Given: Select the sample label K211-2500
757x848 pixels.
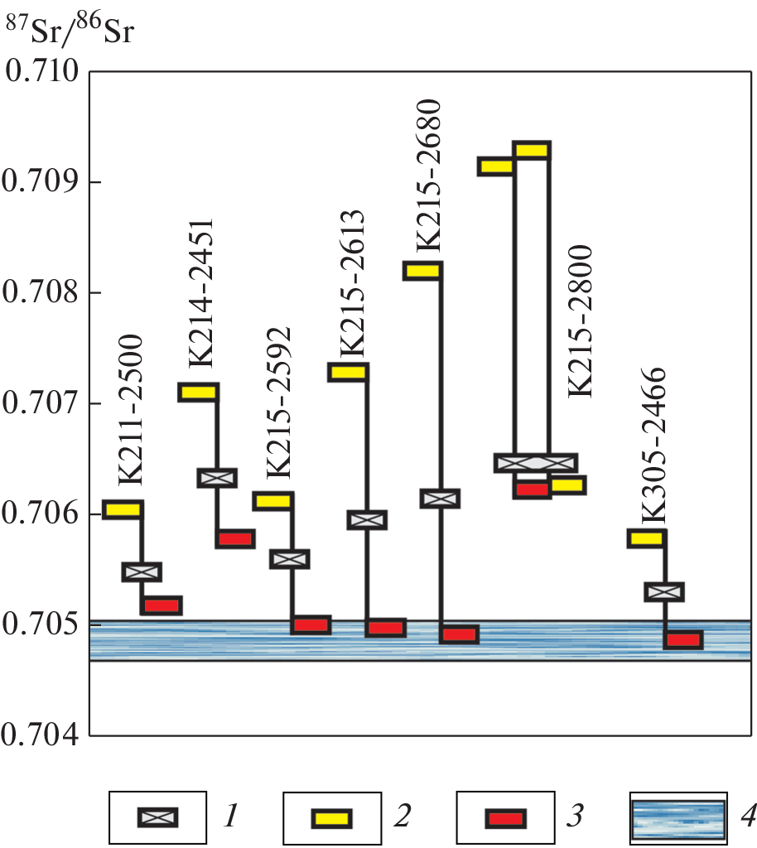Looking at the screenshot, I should tap(131, 410).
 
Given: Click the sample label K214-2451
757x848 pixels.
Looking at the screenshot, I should tap(201, 293).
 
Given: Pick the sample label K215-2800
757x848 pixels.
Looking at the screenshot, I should tap(580, 321).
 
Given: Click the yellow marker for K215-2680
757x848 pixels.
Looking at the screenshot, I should tap(422, 271).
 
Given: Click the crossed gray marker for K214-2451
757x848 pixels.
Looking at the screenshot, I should tap(217, 478).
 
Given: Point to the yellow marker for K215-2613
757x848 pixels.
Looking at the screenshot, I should tap(348, 372).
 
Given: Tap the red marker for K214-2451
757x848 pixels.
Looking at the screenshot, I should tap(235, 538).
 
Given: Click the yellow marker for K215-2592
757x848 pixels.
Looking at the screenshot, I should tap(272, 501).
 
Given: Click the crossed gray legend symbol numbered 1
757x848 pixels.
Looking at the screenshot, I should tap(158, 818).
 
